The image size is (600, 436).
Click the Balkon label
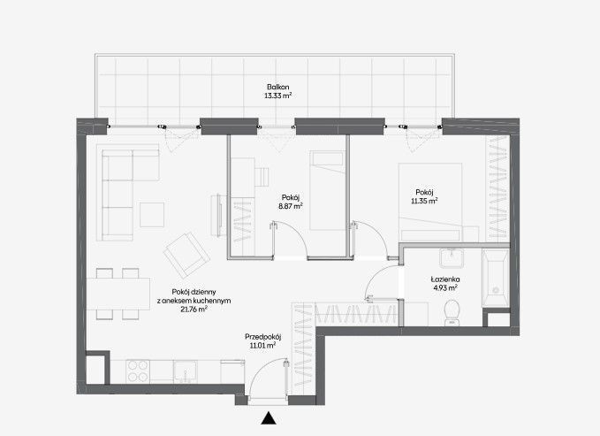coord(277,87)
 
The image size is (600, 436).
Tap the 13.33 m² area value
coord(277,96)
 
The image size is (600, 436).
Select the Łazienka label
coord(445,279)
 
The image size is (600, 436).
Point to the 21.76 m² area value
coord(194,310)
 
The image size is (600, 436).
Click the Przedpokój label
coord(262,337)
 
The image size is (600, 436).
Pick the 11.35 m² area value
coord(424,201)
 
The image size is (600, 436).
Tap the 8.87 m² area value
coord(291,206)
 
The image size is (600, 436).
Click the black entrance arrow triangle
coord(269,418)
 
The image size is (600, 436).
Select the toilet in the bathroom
coord(452,312)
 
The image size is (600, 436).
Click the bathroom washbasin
coord(452,258)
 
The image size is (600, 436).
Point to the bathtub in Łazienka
coord(496,278)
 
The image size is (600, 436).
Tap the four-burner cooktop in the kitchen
coord(137,371)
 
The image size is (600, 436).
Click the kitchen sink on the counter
coord(186,371)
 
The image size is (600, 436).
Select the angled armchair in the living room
coord(186,255)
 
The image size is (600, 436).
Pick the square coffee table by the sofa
coord(152,215)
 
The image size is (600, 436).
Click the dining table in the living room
coord(118,294)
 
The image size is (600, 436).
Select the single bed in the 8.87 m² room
coord(328,190)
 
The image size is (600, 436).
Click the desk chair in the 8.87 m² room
coord(262,177)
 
